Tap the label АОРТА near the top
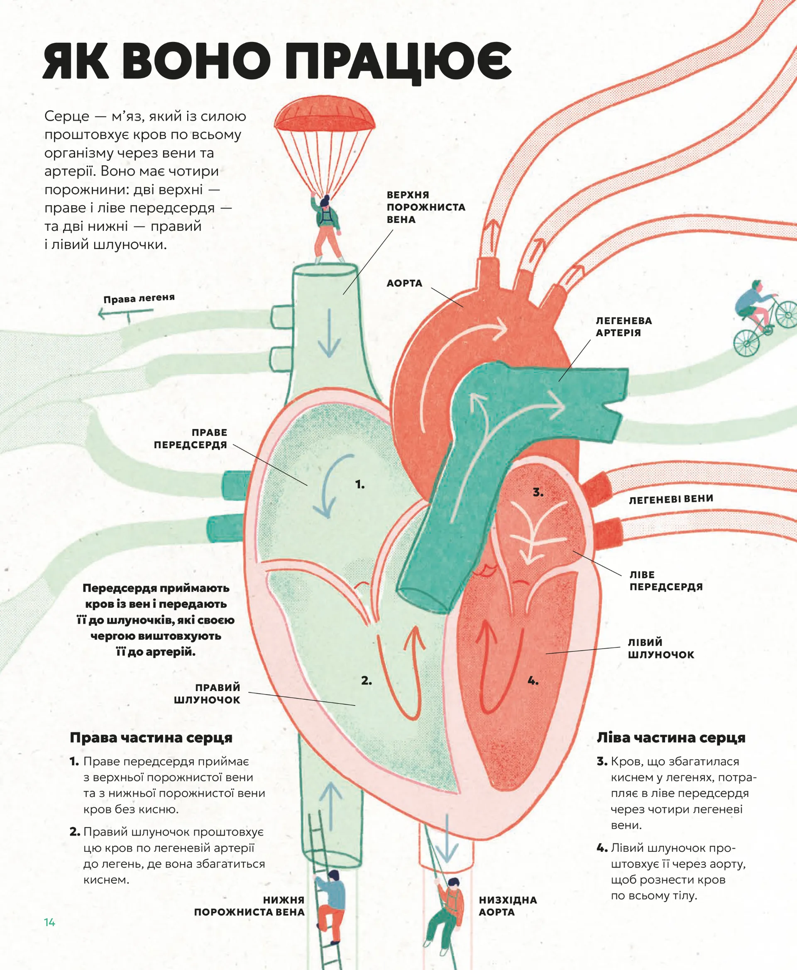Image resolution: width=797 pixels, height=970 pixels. (x=404, y=283)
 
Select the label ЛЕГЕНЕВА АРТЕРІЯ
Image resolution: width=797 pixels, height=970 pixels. (x=623, y=326)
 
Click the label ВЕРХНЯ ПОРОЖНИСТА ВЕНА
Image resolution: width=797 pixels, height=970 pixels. (x=425, y=207)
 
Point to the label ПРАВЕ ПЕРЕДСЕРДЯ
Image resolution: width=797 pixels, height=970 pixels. (x=191, y=438)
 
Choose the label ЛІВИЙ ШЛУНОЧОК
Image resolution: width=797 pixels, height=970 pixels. (x=661, y=648)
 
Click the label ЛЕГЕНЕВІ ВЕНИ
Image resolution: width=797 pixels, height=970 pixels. (x=671, y=499)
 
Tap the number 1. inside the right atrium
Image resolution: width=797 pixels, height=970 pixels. (x=360, y=484)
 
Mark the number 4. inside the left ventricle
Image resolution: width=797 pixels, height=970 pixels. (x=533, y=681)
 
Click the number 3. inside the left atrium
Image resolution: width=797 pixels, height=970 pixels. (x=538, y=493)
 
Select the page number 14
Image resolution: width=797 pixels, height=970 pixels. (x=49, y=922)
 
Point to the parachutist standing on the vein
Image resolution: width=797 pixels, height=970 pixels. (x=327, y=227)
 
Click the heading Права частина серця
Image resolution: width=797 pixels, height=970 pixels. (x=151, y=738)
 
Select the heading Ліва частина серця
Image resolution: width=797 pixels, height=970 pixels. (x=671, y=738)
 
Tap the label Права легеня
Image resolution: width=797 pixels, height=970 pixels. (x=139, y=298)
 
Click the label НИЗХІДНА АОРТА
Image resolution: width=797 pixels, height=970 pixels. (x=507, y=906)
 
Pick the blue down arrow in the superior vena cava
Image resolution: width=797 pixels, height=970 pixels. (x=329, y=333)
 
